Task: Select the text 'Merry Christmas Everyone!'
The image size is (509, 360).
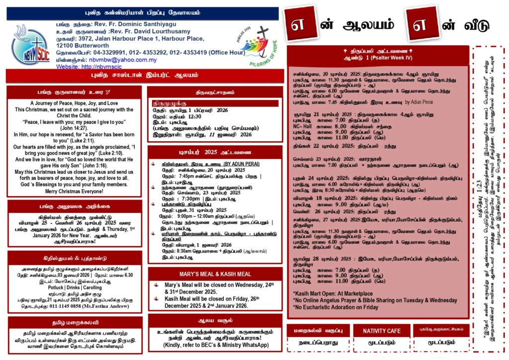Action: [74, 191]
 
